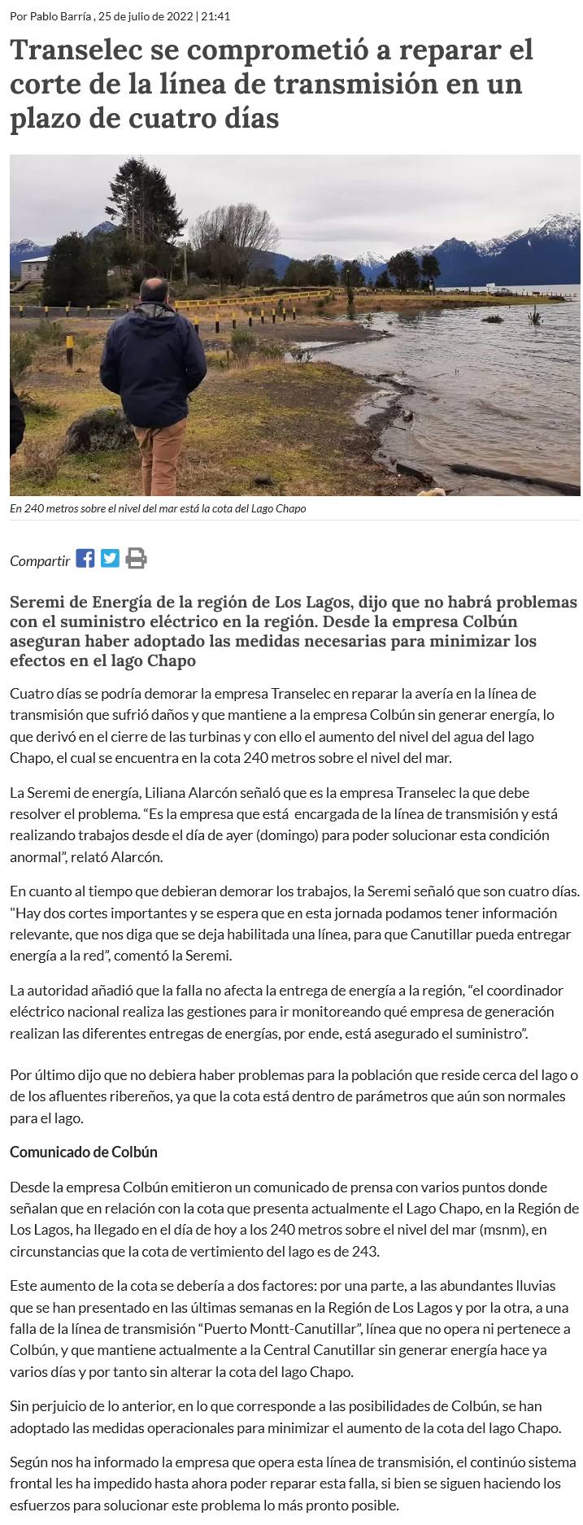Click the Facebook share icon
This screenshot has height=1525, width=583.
click(85, 559)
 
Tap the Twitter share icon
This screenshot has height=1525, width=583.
click(110, 559)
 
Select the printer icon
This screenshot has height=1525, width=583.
click(136, 559)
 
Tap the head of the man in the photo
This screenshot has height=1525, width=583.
click(154, 290)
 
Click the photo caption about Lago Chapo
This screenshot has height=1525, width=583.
click(158, 509)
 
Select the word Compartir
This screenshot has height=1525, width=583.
click(40, 560)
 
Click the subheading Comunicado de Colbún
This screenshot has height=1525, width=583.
click(84, 1152)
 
